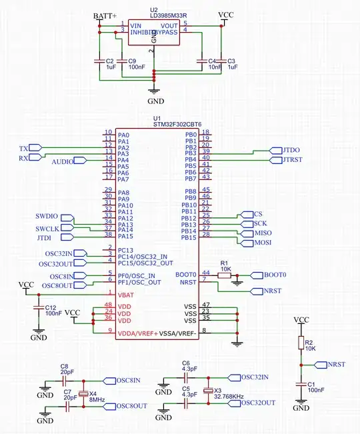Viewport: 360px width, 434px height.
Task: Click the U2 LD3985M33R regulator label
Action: click(x=158, y=15)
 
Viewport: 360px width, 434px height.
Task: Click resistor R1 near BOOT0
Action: click(x=225, y=274)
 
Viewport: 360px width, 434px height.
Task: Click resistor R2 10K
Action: click(x=301, y=343)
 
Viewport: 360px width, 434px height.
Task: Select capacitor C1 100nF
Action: click(x=301, y=386)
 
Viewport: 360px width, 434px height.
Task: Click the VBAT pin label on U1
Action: click(x=125, y=294)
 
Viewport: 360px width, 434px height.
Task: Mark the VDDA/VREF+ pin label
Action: click(x=138, y=331)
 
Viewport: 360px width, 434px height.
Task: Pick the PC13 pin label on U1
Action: click(x=126, y=250)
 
